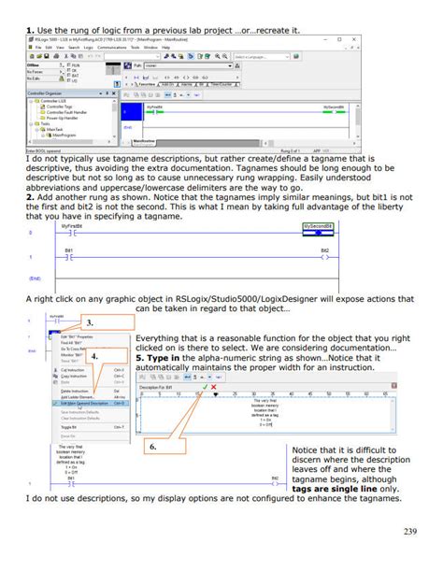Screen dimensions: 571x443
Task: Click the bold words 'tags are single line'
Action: pyautogui.click(x=332, y=488)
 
